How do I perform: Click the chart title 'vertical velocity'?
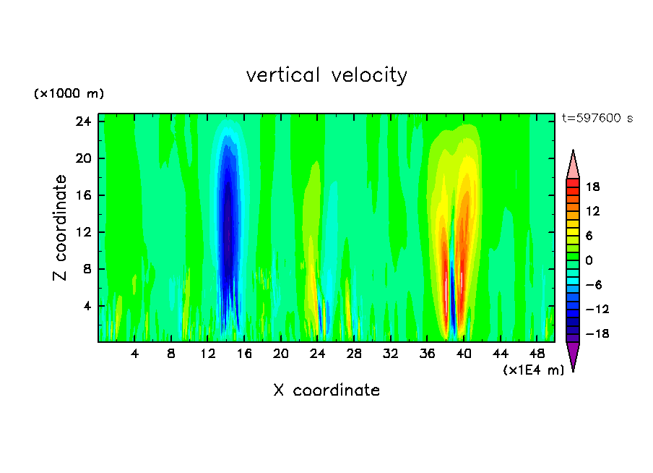point(326,75)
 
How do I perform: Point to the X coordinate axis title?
point(326,391)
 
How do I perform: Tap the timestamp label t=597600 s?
point(597,119)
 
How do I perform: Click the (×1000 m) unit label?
point(69,94)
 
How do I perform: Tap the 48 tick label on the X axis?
point(537,354)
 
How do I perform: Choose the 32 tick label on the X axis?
point(390,354)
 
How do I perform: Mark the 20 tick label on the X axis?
point(280,354)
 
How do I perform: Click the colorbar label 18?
point(592,187)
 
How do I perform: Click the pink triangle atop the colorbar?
point(573,164)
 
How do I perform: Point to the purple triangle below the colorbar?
point(573,355)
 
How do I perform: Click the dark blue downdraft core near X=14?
point(228,217)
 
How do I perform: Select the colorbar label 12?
point(592,211)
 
